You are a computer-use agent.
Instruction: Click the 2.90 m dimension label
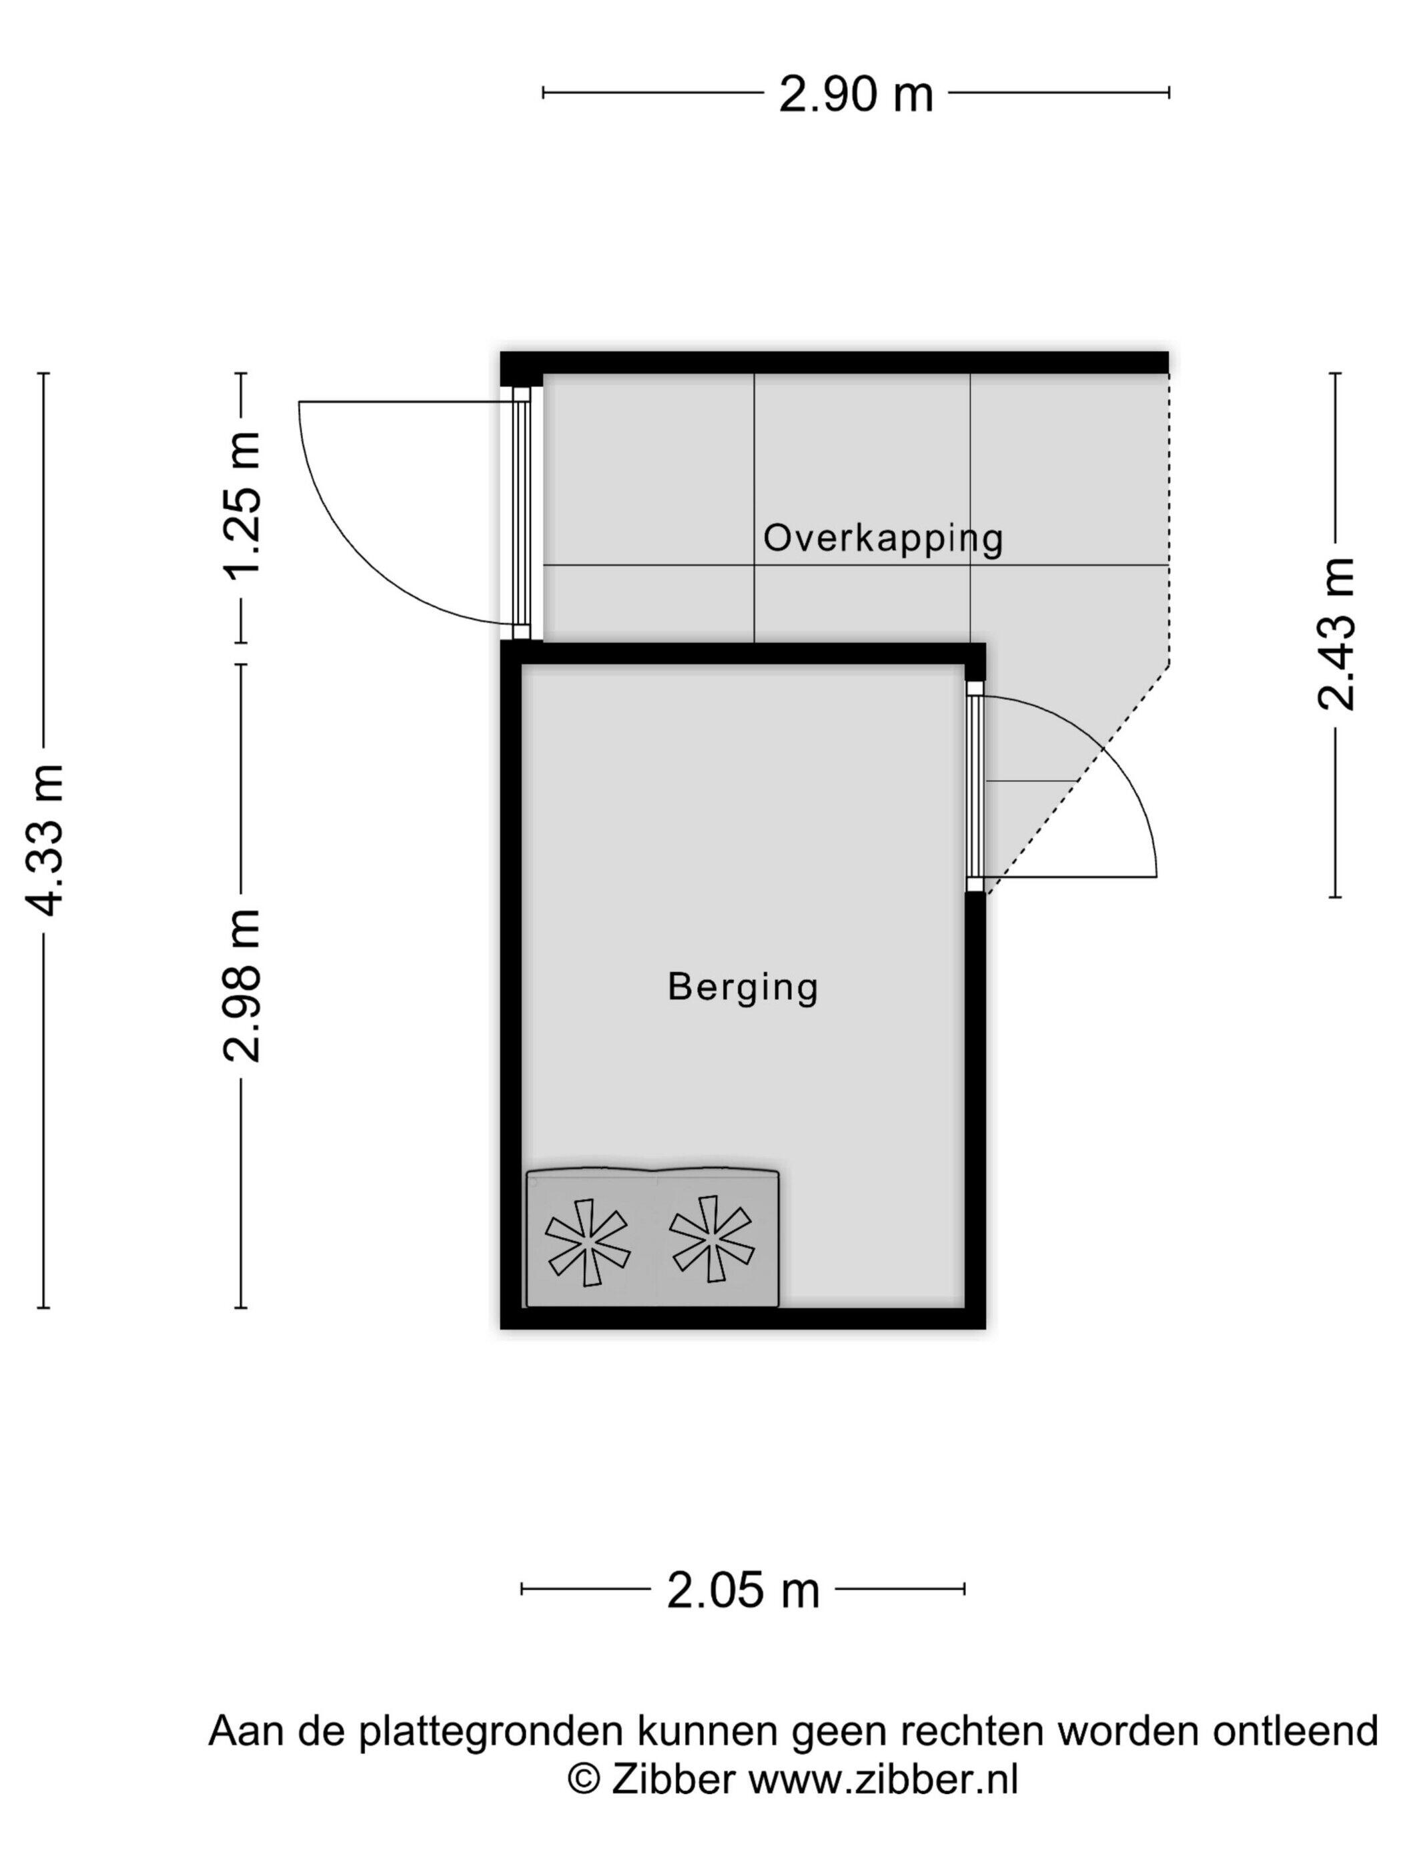[x=855, y=94]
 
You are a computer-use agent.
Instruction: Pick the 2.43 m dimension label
[x=1337, y=634]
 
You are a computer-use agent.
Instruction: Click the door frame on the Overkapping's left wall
[x=522, y=512]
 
